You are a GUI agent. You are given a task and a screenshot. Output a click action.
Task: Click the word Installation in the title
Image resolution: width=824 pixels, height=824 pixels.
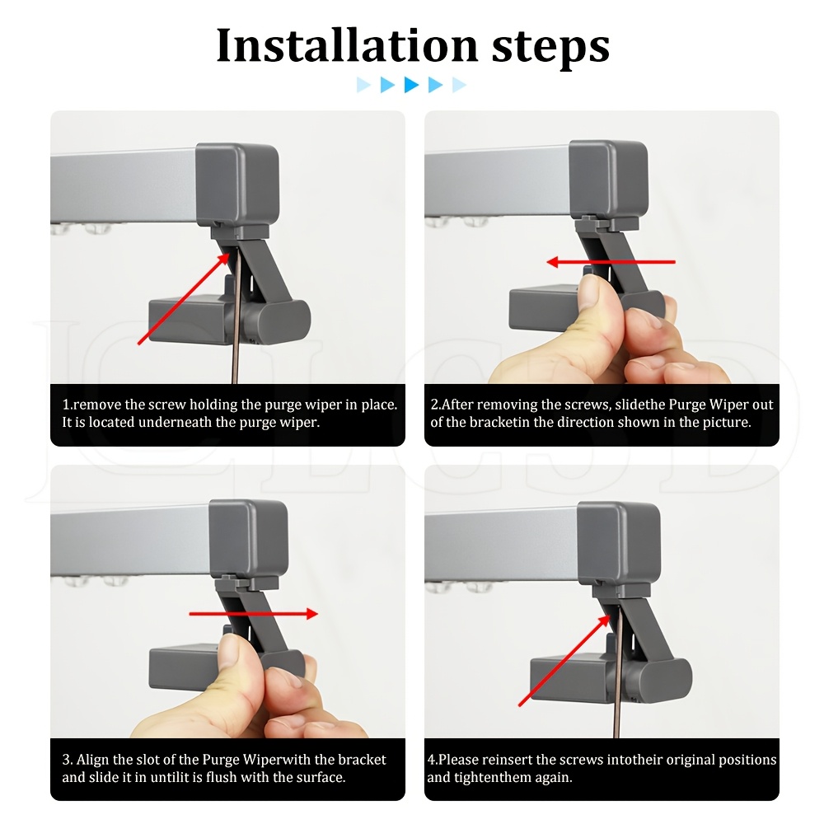click(x=347, y=45)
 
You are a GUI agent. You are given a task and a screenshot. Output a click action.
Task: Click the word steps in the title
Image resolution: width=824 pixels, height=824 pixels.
click(x=550, y=48)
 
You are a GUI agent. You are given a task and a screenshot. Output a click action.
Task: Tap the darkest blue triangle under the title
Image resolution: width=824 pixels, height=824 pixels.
click(x=411, y=85)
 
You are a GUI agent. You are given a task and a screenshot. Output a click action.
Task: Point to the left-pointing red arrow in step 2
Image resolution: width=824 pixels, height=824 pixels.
click(x=611, y=262)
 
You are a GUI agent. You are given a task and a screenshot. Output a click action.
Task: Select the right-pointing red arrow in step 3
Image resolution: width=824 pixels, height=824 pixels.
click(x=253, y=613)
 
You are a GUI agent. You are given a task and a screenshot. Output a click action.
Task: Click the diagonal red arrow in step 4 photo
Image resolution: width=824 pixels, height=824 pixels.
click(x=564, y=661)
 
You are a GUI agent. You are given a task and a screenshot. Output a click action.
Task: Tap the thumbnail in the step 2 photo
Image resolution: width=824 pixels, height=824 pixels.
click(x=592, y=291)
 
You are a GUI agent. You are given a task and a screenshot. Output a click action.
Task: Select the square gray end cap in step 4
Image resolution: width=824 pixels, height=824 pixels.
click(x=619, y=542)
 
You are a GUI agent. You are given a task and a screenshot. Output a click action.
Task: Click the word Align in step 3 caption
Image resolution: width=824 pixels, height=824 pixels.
click(x=92, y=760)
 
